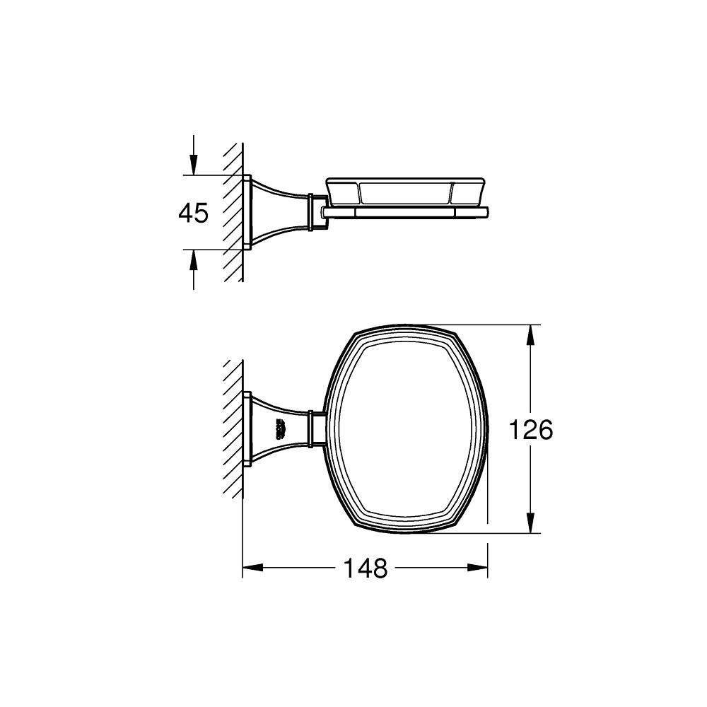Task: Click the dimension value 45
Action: (x=193, y=213)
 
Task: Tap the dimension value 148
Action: (x=366, y=568)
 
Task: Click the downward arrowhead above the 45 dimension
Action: (x=193, y=166)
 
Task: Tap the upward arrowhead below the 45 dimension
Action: (x=193, y=259)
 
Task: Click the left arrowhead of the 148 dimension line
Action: (x=252, y=568)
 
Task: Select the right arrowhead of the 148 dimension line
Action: (x=479, y=568)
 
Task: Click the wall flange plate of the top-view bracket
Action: (x=247, y=429)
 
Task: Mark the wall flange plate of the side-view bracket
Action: (x=247, y=212)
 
